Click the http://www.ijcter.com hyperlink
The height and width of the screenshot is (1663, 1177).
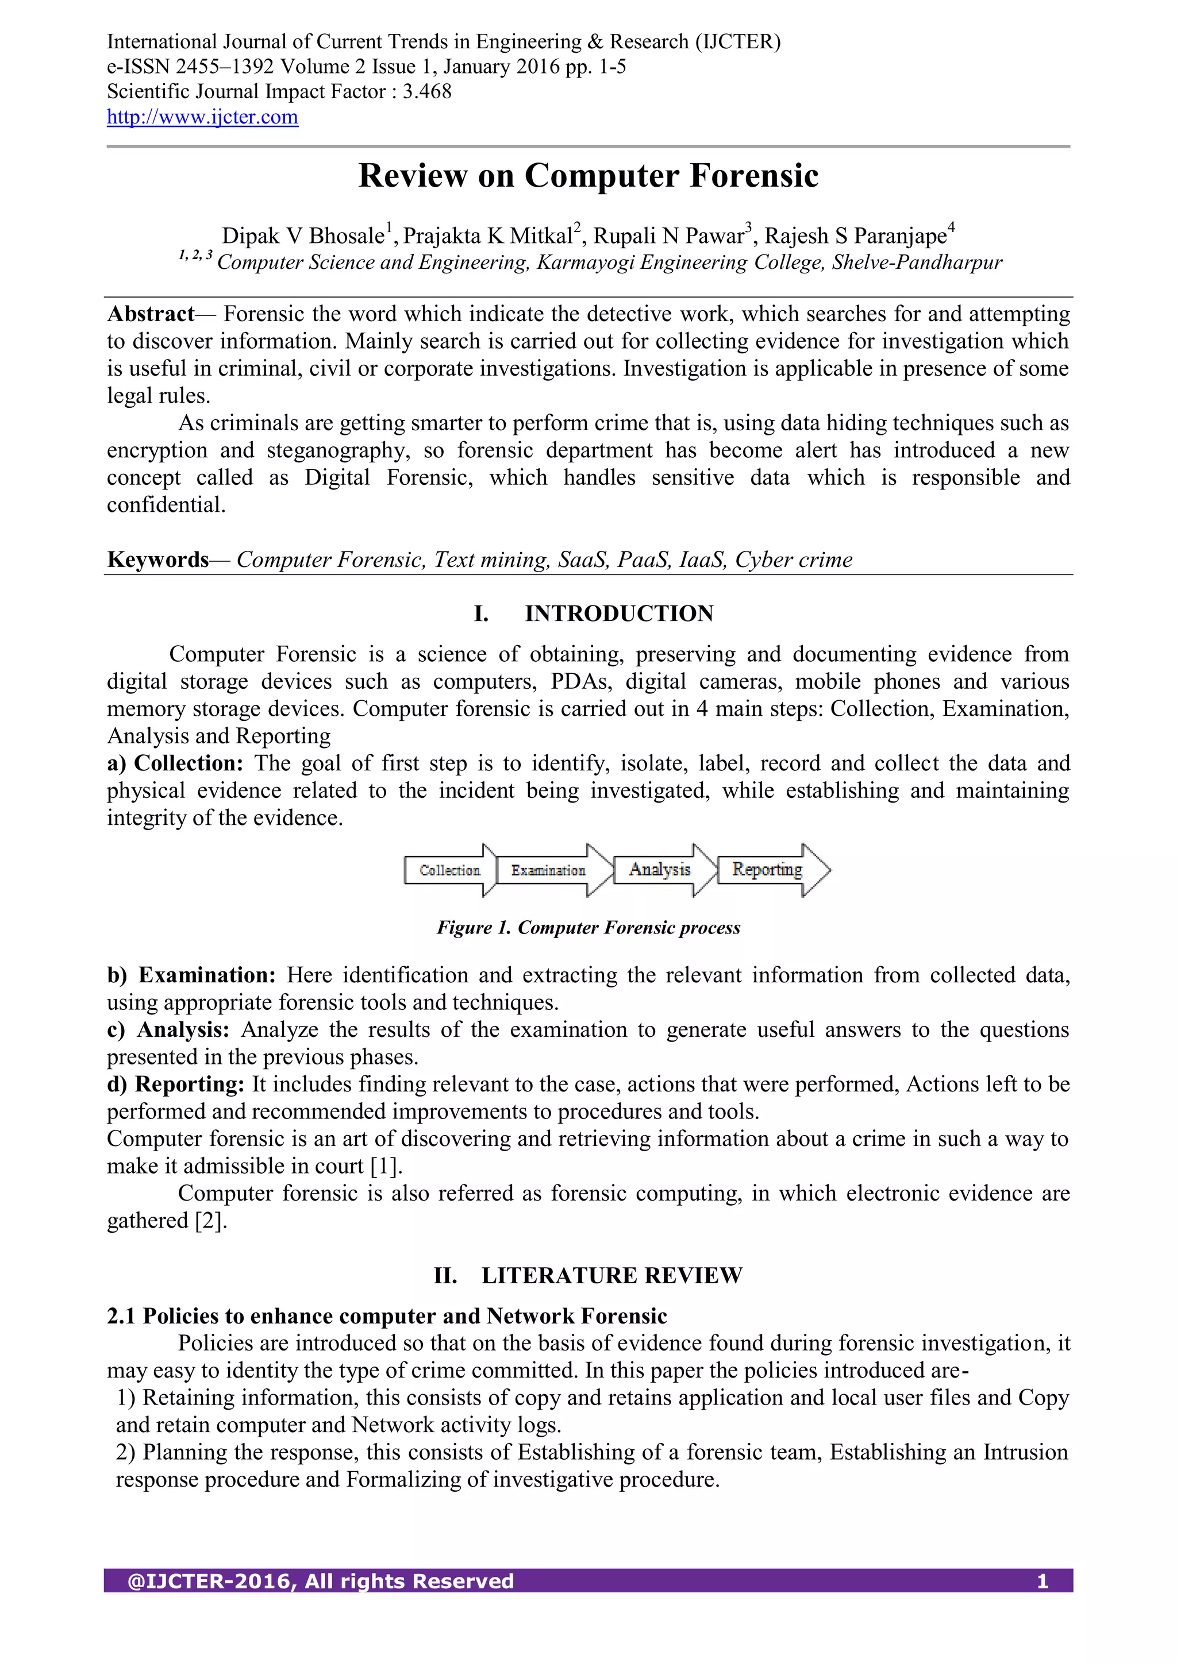[202, 117]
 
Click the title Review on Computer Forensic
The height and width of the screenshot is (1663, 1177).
[588, 176]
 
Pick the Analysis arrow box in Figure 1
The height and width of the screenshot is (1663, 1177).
[660, 869]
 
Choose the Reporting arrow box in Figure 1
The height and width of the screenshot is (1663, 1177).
[767, 869]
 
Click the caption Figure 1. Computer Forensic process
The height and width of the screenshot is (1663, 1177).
[588, 928]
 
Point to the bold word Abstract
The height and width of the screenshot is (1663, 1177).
[151, 314]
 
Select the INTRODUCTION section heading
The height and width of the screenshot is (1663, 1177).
[618, 614]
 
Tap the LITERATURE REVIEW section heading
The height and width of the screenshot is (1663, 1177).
[611, 1275]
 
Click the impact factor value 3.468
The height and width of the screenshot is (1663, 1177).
[427, 92]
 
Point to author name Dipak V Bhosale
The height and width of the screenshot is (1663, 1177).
[303, 236]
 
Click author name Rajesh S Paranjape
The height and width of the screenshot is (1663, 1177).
[855, 236]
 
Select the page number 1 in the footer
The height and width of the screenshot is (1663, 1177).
[1042, 1581]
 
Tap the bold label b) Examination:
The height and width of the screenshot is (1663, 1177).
[191, 975]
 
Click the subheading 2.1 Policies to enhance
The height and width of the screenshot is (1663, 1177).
[387, 1316]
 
